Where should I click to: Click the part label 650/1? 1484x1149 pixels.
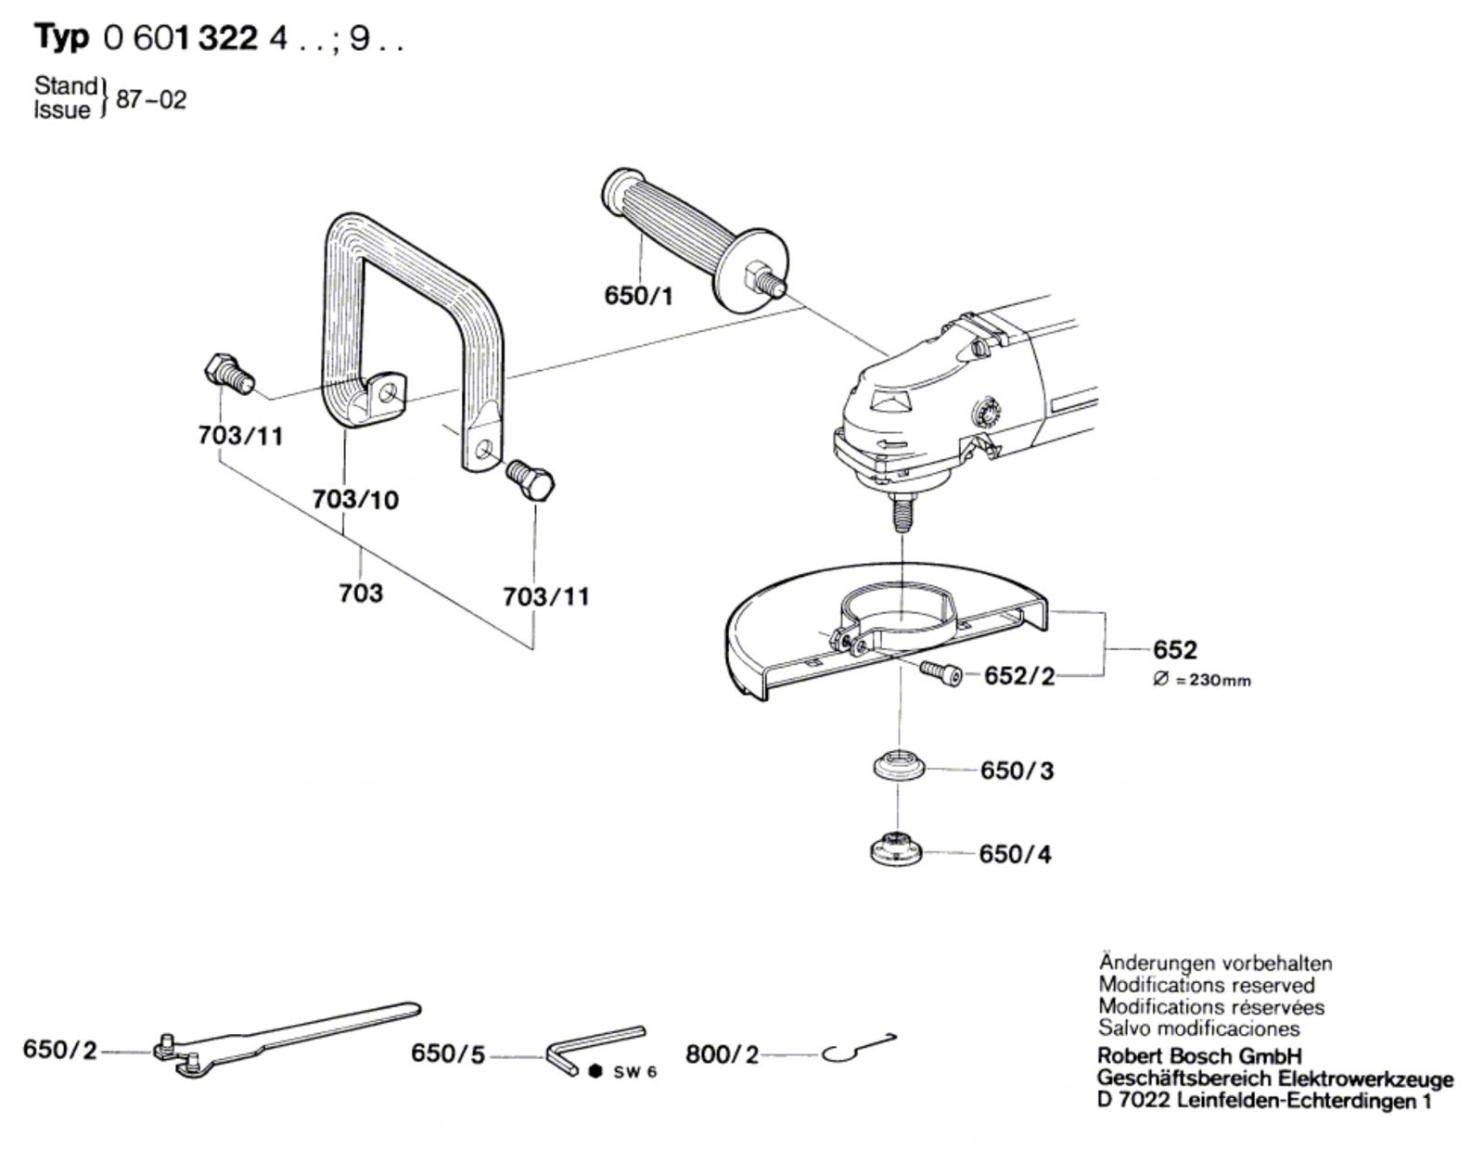click(638, 295)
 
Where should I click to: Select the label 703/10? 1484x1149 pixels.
click(355, 500)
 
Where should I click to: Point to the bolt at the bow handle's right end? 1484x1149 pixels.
click(531, 481)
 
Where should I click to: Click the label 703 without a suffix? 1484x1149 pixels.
click(361, 593)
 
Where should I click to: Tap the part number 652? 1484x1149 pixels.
click(1175, 649)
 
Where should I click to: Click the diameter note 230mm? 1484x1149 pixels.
click(1202, 681)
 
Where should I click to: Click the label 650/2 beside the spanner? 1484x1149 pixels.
click(59, 1051)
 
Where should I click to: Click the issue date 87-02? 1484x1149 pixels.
click(151, 99)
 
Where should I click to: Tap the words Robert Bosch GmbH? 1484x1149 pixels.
click(1199, 1056)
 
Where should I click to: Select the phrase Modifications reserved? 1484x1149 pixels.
click(1206, 985)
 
